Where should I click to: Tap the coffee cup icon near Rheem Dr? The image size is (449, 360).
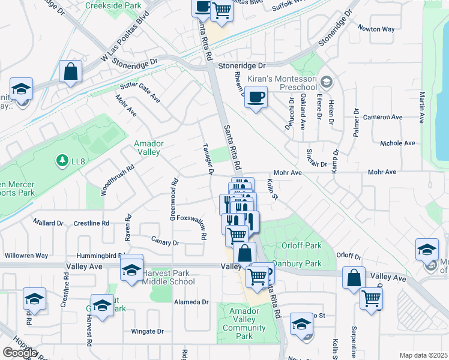256,98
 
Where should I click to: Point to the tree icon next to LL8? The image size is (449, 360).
61,160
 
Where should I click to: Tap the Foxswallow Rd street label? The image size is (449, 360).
191,218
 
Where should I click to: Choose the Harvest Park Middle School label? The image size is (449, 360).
166,277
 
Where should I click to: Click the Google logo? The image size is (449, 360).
20,353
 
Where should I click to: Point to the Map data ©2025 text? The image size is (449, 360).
423,355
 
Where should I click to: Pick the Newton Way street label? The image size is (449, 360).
376,29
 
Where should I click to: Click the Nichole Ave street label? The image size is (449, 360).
397,143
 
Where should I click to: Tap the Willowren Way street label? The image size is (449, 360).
26,255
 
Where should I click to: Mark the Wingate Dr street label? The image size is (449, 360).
147,331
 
